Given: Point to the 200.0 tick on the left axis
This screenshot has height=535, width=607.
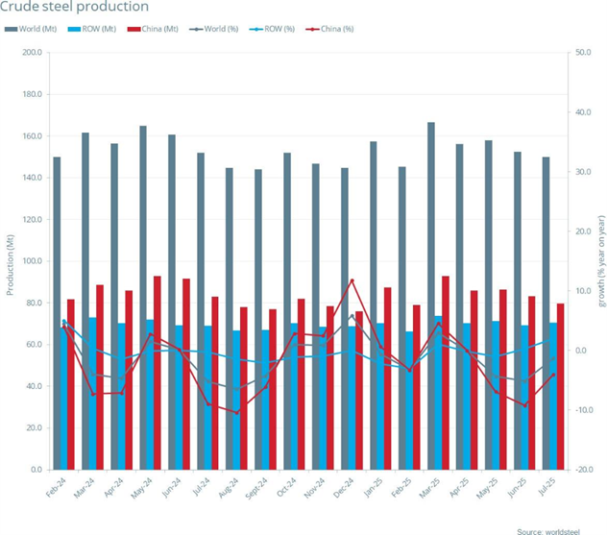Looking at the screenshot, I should tap(30, 53).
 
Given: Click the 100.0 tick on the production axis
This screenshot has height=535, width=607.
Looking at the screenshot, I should tap(30, 261).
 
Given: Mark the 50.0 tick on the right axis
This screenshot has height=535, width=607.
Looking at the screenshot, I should tap(582, 53).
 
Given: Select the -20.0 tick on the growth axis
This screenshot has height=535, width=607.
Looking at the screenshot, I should tap(582, 470).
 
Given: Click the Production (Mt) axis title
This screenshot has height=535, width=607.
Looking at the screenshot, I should tap(9, 261).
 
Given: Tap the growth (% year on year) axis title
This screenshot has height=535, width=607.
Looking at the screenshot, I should tap(601, 261).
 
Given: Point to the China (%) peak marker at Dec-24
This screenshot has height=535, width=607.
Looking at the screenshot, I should tap(352, 280).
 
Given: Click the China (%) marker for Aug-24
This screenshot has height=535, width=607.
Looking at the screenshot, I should tap(237, 412).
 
